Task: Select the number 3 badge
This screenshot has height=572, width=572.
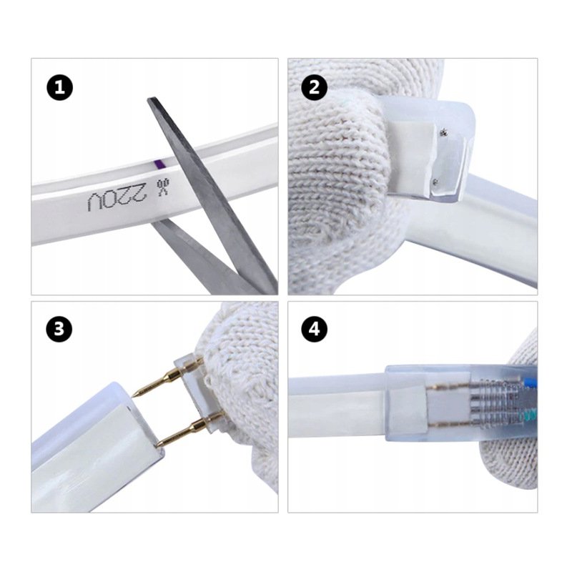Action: pyautogui.click(x=59, y=330)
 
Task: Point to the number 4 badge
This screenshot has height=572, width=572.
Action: pyautogui.click(x=314, y=330)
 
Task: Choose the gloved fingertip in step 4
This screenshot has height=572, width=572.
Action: pyautogui.click(x=511, y=458)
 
